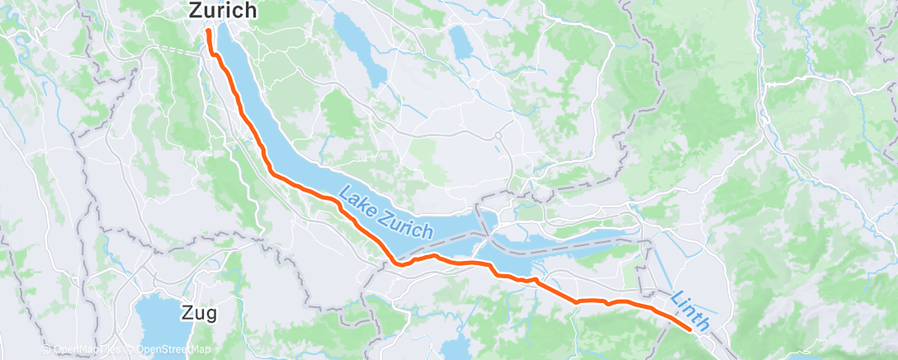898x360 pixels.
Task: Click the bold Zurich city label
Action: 224,11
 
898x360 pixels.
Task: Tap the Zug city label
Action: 199,314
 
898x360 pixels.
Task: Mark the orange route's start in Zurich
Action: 208,31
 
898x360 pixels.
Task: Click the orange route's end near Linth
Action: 690,329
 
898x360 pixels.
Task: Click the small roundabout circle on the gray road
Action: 499,137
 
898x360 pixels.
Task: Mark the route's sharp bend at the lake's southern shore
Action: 400,264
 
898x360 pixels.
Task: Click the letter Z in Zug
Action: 187,314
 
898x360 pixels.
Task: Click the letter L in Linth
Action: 676,297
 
